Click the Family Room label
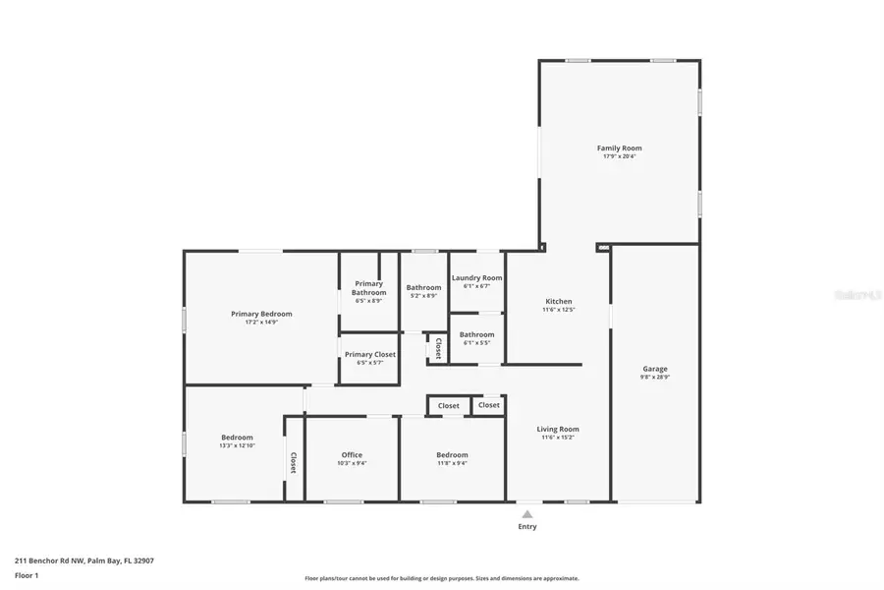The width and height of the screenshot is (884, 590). pos(619,148)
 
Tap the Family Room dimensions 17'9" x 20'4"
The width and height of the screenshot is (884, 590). pos(619,157)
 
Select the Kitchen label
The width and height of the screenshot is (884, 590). pos(558,302)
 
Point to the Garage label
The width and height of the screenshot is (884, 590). pos(655,369)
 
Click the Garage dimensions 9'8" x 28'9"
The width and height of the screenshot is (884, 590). pos(655,378)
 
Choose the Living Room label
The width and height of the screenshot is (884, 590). pos(558,429)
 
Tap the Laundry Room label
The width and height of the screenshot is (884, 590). pos(476,278)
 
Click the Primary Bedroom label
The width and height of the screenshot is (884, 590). pos(261,314)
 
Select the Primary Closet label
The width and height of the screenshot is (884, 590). pos(370,354)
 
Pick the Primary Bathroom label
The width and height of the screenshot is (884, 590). pos(369,288)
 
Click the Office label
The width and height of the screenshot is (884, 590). pos(352,455)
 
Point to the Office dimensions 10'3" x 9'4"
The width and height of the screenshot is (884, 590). pos(352,463)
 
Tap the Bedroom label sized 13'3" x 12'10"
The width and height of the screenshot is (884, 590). pos(237,438)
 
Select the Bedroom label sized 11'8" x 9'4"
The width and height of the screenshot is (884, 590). pos(452,455)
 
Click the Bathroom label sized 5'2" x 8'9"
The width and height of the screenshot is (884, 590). pos(424,288)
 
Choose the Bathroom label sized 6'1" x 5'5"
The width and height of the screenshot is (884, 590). pos(476,334)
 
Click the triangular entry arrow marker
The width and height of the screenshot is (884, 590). pos(527,513)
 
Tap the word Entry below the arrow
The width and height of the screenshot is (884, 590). pos(527,527)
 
